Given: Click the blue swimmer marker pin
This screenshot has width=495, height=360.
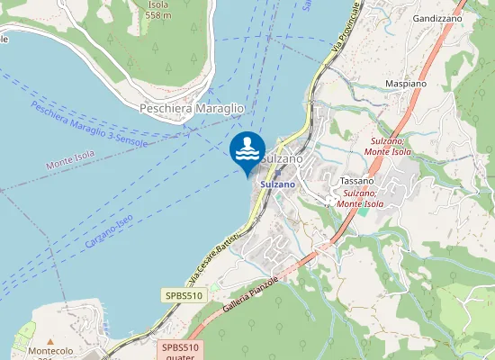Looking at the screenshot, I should point(247,148).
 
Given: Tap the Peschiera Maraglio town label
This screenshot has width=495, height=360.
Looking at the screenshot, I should point(192,108).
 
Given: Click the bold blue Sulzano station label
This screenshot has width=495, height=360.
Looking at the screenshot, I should point(278,184).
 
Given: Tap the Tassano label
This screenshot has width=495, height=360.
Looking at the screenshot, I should point(357,181).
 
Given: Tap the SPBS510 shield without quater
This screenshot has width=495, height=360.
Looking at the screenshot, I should point(185,295).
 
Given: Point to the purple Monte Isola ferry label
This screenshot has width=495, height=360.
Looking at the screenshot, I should point(71,163).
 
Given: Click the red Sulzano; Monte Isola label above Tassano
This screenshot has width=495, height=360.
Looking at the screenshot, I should point(388,147).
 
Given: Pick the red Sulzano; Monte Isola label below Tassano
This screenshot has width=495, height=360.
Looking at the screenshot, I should point(360,198).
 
